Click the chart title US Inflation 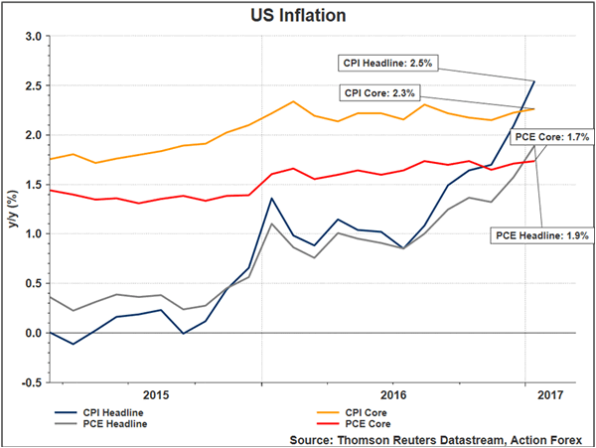coord(296,15)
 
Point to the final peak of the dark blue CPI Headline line coord(534,81)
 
